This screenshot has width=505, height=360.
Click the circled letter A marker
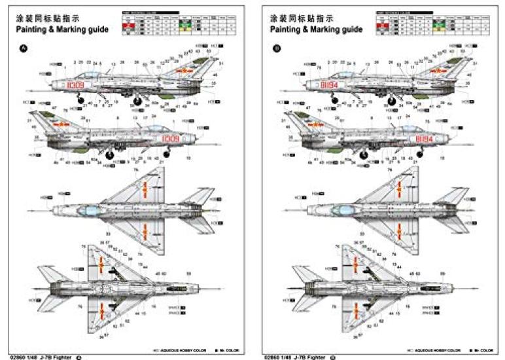(x=24, y=47)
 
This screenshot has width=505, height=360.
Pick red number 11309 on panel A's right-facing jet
(x=170, y=139)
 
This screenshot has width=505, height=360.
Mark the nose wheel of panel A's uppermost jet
(x=80, y=100)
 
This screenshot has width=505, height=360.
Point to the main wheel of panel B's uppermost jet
(x=391, y=101)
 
